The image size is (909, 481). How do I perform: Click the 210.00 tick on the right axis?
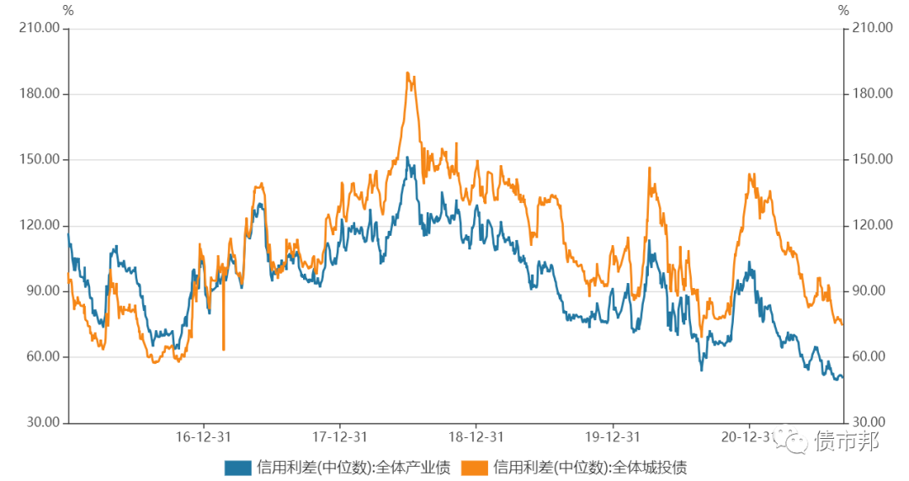click(872, 28)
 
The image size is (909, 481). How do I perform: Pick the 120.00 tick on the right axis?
click(872, 225)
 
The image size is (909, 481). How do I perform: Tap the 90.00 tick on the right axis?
click(869, 291)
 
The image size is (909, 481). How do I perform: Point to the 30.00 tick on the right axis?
click(869, 422)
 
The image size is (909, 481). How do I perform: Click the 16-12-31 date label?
click(204, 436)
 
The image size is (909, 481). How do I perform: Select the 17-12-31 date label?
click(340, 436)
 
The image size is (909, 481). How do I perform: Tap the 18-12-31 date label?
click(476, 436)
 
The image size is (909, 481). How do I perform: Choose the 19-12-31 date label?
click(612, 436)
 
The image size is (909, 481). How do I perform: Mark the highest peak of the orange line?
click(407, 73)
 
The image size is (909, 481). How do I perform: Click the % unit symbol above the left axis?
click(68, 11)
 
